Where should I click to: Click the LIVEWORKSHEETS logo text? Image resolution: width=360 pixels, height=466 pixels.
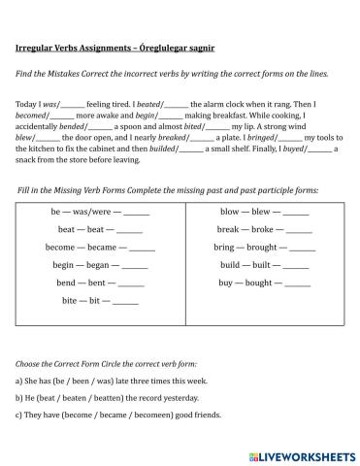pyautogui.click(x=306, y=453)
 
